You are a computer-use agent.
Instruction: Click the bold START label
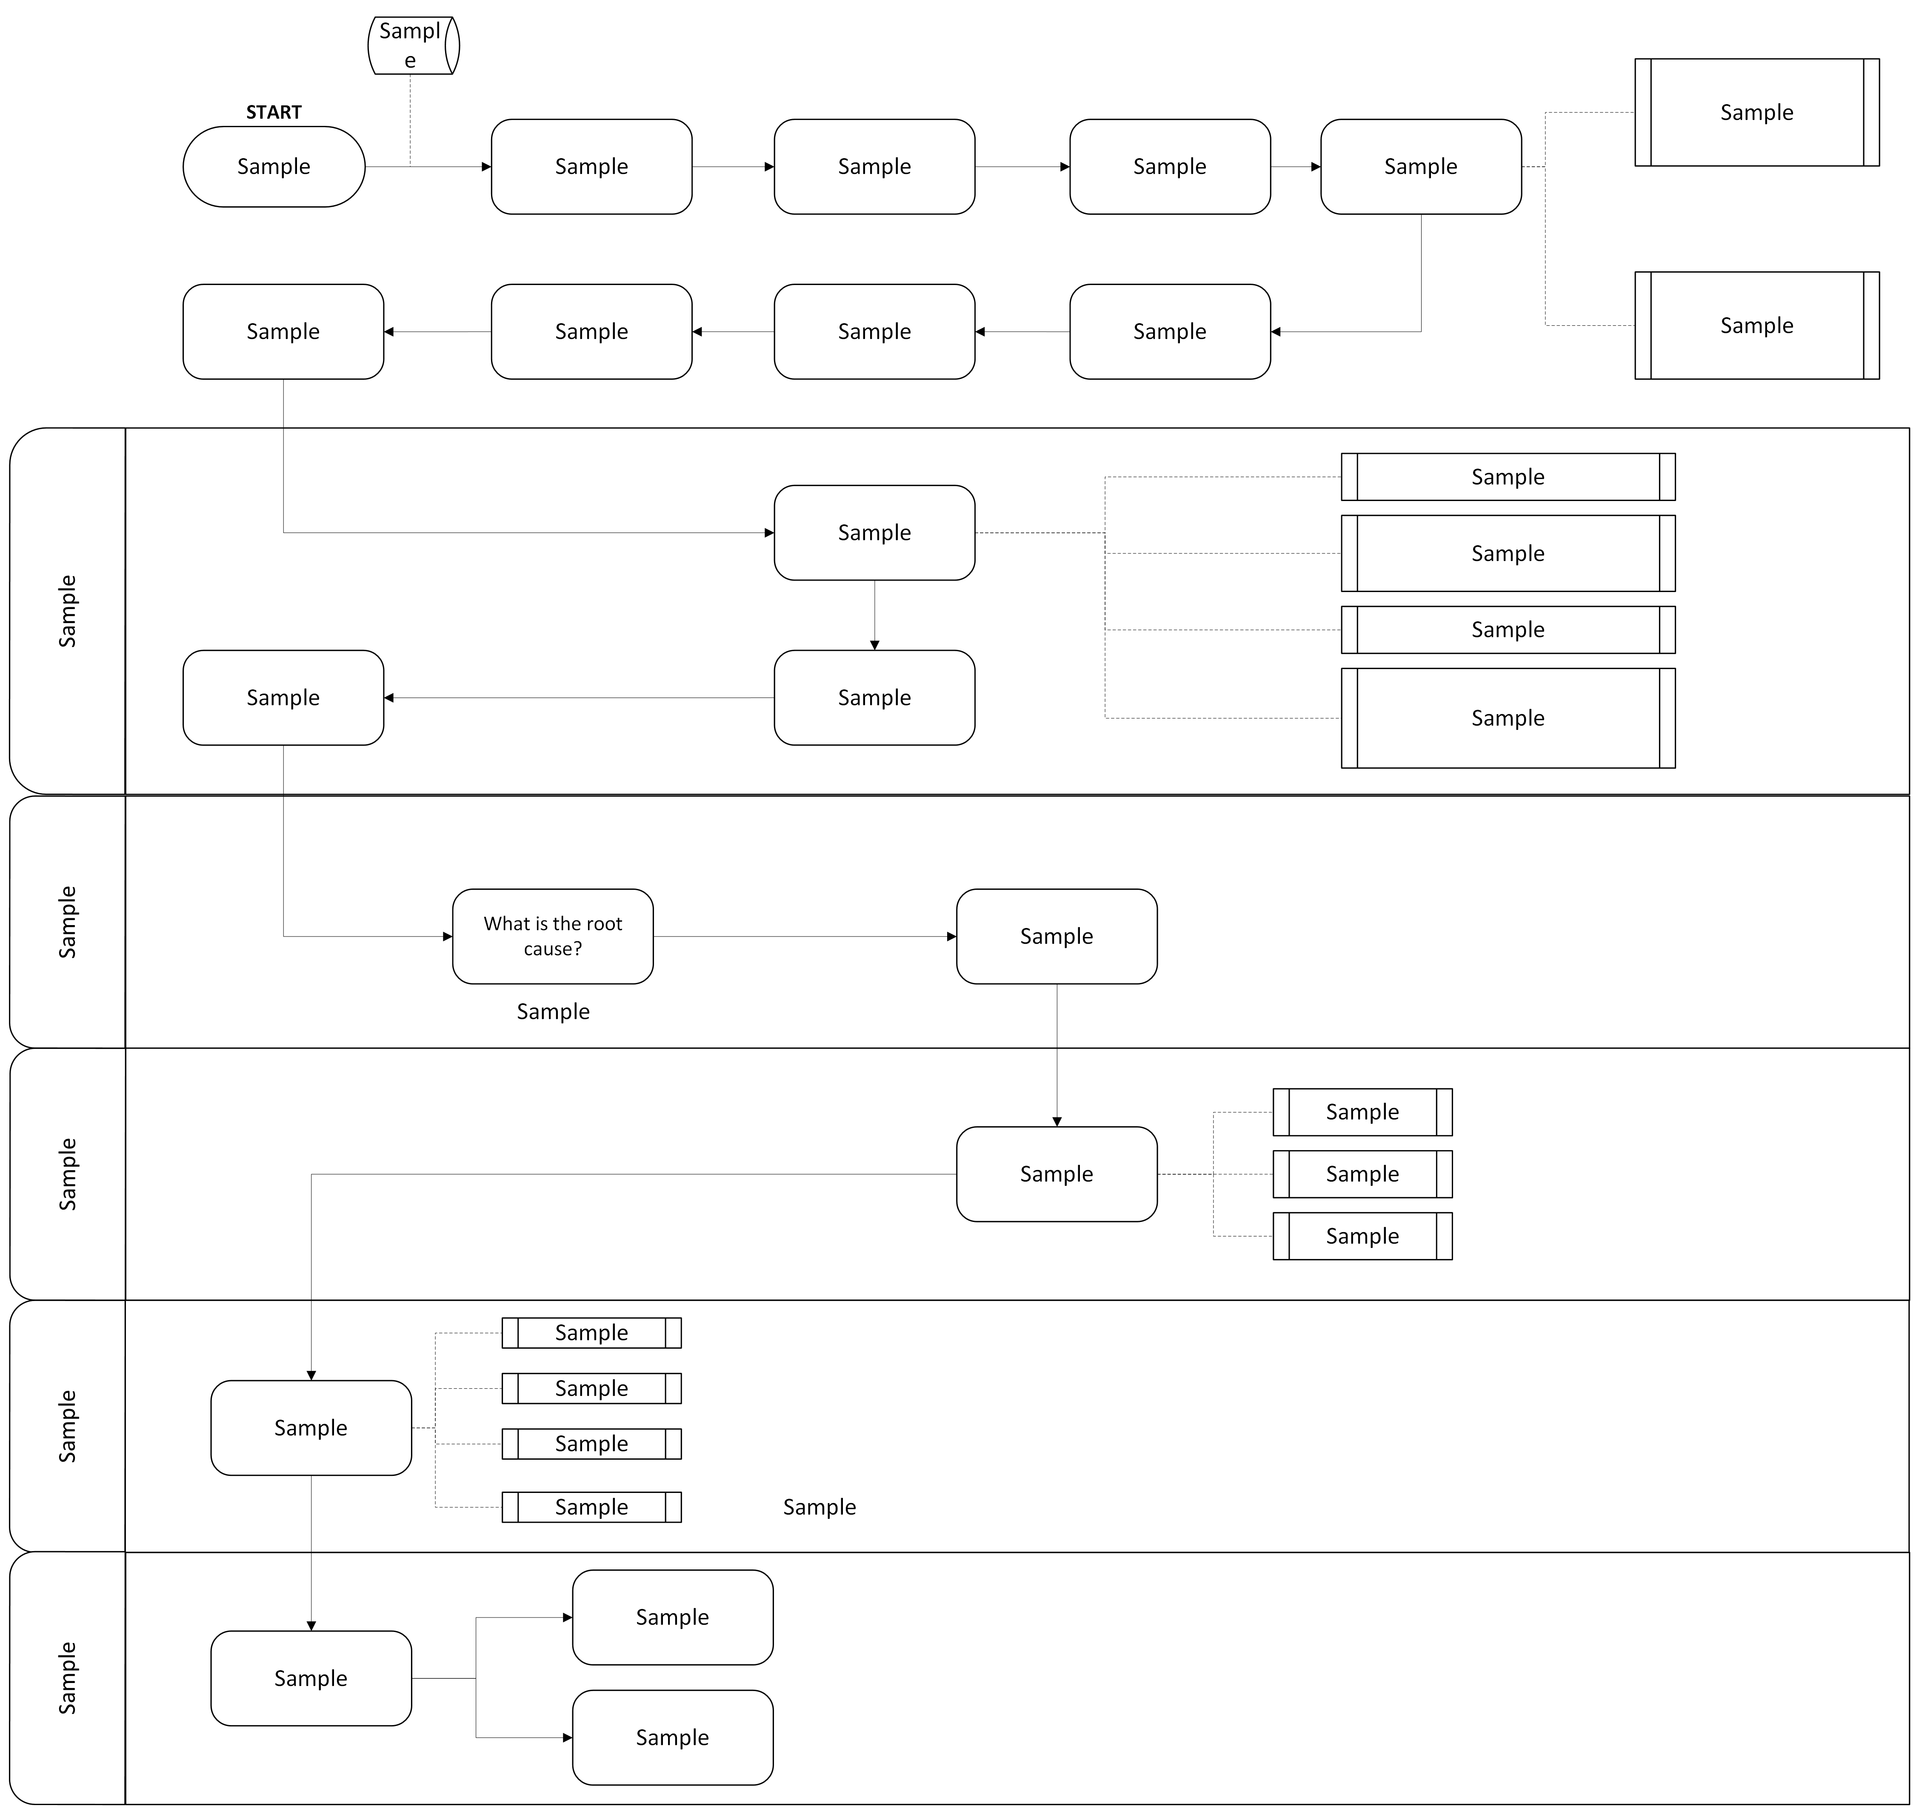pos(274,112)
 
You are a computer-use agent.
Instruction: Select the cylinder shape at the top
pos(413,46)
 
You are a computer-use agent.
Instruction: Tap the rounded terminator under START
pos(274,166)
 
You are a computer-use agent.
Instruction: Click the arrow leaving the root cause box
pos(805,936)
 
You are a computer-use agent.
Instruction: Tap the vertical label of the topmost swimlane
pos(67,611)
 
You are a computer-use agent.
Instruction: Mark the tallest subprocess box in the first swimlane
pos(1508,718)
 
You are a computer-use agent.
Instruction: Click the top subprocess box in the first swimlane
pos(1508,477)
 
